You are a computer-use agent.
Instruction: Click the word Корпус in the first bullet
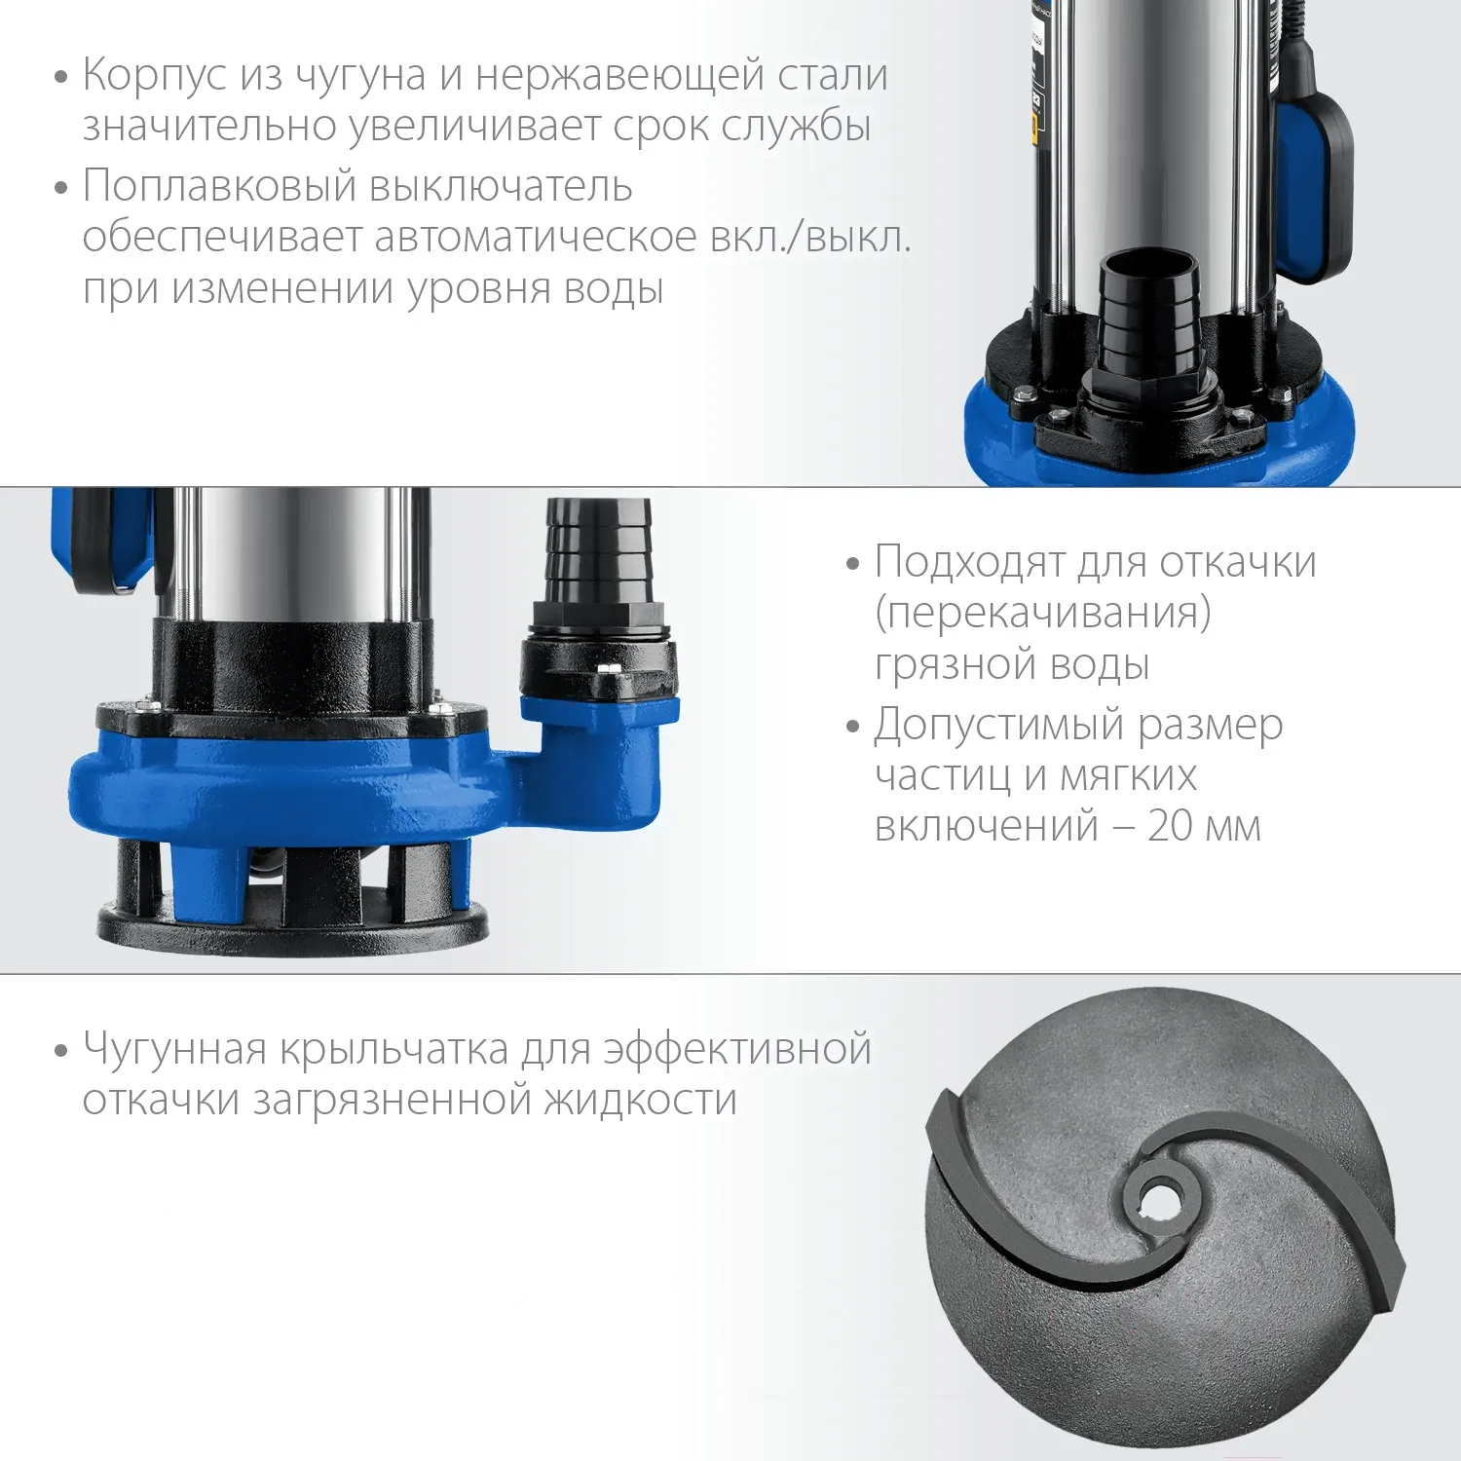pos(154,76)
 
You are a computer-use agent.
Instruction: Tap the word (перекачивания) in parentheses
pos(1043,614)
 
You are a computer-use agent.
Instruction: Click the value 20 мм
pos(1204,826)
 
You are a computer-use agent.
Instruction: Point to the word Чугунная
pos(174,1050)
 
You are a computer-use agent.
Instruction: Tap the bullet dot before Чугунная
pos(61,1052)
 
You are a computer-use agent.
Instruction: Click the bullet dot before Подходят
pos(853,564)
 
